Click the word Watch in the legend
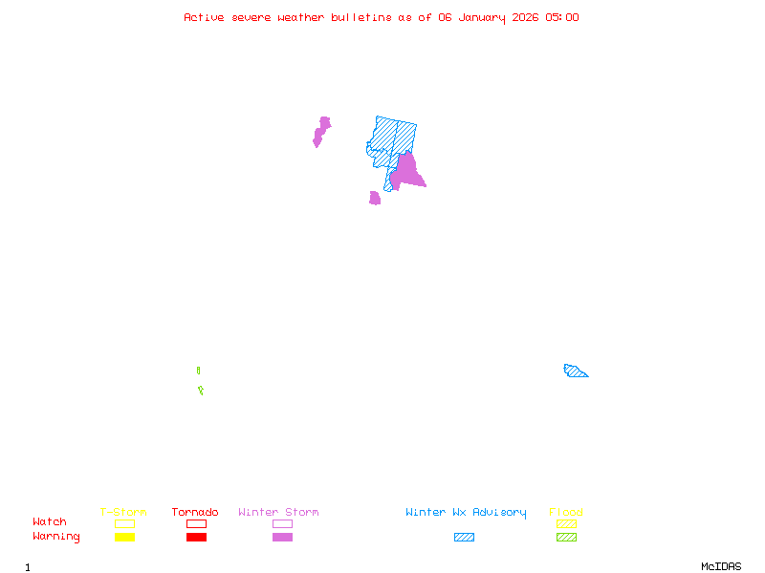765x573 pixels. pyautogui.click(x=50, y=522)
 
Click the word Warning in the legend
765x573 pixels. pyautogui.click(x=56, y=537)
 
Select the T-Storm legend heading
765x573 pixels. pyautogui.click(x=123, y=513)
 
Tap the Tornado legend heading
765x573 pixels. pyautogui.click(x=195, y=513)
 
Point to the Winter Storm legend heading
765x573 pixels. pyautogui.click(x=278, y=513)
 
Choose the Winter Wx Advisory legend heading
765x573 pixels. pyautogui.click(x=466, y=513)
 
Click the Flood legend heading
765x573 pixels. pyautogui.click(x=566, y=513)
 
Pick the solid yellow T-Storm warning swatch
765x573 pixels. pyautogui.click(x=124, y=538)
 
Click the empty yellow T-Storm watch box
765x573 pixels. pyautogui.click(x=124, y=523)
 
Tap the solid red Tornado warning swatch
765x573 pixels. pyautogui.click(x=196, y=538)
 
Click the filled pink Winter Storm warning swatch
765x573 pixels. pyautogui.click(x=282, y=538)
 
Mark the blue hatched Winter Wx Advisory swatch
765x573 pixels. pyautogui.click(x=464, y=538)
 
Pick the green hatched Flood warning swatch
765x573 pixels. pyautogui.click(x=566, y=538)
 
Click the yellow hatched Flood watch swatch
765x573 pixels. pyautogui.click(x=566, y=523)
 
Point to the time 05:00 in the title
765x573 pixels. pyautogui.click(x=562, y=17)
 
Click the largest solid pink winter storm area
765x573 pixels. pyautogui.click(x=408, y=172)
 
